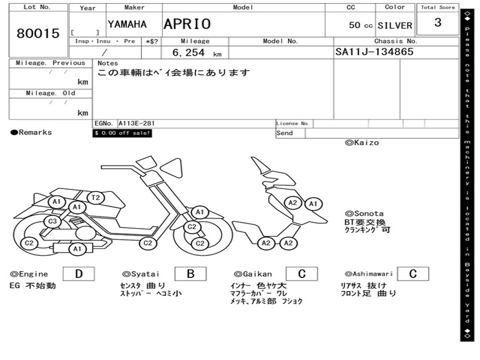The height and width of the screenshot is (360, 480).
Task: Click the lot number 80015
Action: [38, 33]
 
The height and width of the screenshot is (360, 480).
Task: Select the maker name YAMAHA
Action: [127, 24]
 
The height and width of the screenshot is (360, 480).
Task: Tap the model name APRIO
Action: [187, 24]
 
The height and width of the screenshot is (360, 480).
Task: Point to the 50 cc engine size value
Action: [360, 25]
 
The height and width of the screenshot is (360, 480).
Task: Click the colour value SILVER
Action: [395, 26]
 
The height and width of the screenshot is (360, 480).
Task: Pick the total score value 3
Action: [438, 22]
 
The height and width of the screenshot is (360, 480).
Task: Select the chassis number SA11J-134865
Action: [374, 52]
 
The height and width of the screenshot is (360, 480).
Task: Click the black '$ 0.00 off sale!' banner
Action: [122, 133]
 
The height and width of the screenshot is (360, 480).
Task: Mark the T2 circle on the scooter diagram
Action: [95, 198]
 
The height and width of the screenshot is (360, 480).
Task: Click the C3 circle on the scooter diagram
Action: [52, 221]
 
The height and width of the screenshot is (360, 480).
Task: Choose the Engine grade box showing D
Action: [78, 274]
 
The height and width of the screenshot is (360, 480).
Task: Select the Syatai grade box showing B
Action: [190, 274]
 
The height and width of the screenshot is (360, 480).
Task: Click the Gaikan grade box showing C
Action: [301, 274]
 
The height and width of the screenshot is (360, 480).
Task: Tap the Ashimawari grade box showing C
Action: [412, 274]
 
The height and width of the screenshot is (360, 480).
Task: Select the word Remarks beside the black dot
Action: [35, 133]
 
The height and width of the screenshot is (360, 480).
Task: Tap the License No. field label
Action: [293, 124]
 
